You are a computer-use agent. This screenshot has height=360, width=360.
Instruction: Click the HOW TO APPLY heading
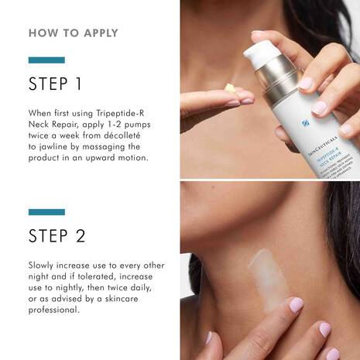click(x=74, y=33)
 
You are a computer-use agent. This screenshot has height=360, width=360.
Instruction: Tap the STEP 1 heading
click(x=55, y=84)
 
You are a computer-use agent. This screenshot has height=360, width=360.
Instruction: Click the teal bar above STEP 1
click(x=46, y=60)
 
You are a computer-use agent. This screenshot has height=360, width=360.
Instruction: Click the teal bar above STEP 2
click(x=46, y=211)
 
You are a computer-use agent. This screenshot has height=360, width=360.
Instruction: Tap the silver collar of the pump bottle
click(x=273, y=85)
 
